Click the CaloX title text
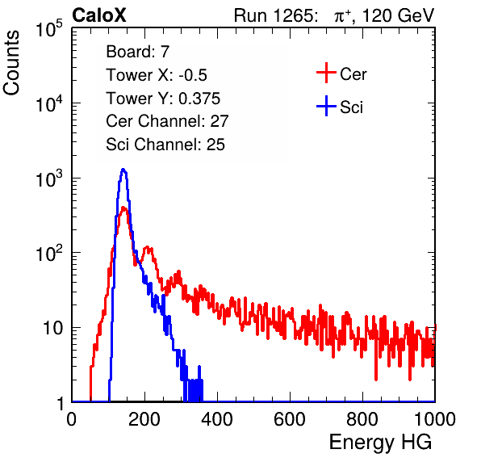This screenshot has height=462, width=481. (x=99, y=15)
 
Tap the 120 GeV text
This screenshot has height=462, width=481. (x=399, y=15)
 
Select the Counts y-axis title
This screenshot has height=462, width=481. (x=11, y=63)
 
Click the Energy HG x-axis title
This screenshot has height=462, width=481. (x=380, y=443)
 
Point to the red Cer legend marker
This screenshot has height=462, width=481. (x=326, y=73)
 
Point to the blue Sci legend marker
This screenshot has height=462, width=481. (x=326, y=107)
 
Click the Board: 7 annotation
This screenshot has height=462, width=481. (x=138, y=52)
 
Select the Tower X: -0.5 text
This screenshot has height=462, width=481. (x=157, y=75)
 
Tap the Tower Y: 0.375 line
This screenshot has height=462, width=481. (x=163, y=99)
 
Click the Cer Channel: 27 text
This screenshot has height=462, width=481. (x=167, y=121)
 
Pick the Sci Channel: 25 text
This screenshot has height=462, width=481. (x=165, y=145)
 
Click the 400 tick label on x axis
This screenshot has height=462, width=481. (x=217, y=419)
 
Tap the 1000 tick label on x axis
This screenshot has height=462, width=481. (x=435, y=419)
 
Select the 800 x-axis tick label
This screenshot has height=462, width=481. (x=362, y=419)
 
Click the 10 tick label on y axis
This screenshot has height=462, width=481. (x=52, y=328)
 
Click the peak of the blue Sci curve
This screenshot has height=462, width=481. (x=123, y=169)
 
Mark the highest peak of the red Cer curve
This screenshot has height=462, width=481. (x=123, y=208)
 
